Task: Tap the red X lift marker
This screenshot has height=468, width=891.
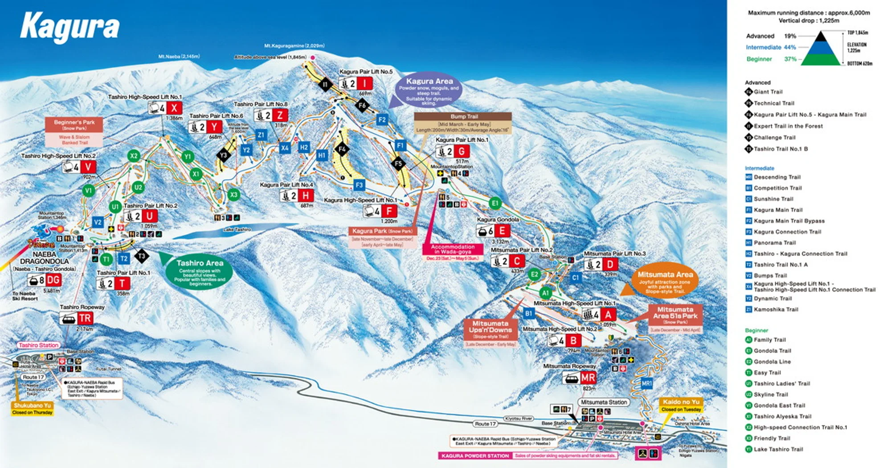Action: (x=174, y=108)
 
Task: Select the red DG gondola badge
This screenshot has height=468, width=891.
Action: (x=53, y=280)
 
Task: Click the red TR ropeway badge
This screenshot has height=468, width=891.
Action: (x=85, y=318)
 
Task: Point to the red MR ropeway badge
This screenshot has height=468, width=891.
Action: (x=588, y=378)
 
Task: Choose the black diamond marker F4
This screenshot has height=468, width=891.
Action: (x=342, y=149)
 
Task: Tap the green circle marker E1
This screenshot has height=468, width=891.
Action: (x=495, y=203)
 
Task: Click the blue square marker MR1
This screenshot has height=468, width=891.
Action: (x=646, y=383)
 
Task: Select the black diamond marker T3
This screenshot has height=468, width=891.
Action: (x=141, y=256)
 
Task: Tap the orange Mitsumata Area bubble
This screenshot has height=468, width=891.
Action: (x=665, y=282)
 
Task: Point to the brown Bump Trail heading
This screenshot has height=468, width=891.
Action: (x=463, y=116)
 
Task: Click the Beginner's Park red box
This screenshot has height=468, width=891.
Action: (x=74, y=125)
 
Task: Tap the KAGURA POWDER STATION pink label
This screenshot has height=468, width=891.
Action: (x=475, y=456)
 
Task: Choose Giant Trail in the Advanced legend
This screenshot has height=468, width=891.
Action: (x=767, y=92)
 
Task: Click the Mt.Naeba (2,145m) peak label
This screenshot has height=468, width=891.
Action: (x=179, y=57)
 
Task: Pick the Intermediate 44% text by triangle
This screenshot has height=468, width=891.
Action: (x=770, y=47)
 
